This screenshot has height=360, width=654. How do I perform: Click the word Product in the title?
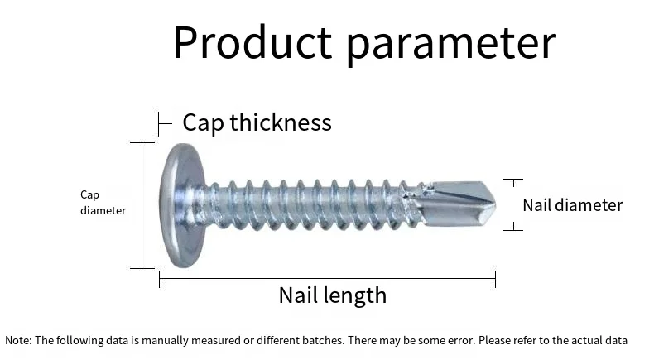coord(252,42)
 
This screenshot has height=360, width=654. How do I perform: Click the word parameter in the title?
coord(451,45)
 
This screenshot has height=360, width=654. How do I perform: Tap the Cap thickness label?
coord(257,122)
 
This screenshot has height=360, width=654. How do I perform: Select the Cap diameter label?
coord(103,202)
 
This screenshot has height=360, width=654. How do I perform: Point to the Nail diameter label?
coord(572,205)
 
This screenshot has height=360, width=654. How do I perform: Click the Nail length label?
coord(333,295)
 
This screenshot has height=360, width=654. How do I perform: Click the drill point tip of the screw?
coord(495,204)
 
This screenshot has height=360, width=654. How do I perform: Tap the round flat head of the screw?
coord(183,205)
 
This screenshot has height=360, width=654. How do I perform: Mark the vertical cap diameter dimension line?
coord(142,205)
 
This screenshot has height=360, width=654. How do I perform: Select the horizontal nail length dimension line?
coord(328,278)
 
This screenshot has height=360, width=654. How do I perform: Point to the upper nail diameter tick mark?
coord(513,180)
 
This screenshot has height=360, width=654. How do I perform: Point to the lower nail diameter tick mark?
coord(513,229)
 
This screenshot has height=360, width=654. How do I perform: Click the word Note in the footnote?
coord(17,340)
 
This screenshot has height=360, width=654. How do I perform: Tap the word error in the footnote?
coord(462,341)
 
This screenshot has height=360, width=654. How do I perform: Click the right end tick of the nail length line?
coord(496,279)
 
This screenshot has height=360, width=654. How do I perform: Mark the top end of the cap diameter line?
coord(142,142)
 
